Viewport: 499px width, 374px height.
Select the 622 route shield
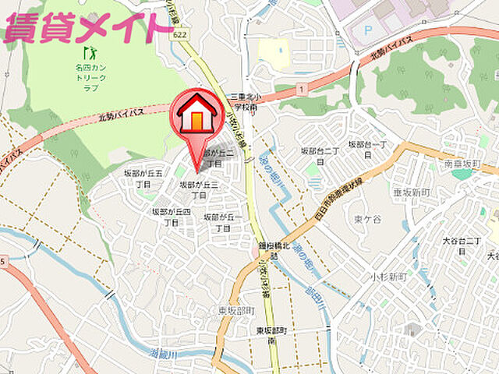(x=180, y=34)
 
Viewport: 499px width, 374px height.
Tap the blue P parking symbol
(x=369, y=30)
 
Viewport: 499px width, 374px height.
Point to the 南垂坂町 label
(x=460, y=164)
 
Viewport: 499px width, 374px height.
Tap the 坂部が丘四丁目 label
(x=171, y=217)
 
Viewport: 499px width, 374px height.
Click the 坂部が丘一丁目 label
(x=221, y=222)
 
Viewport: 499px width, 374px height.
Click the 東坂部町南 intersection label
(x=272, y=336)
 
